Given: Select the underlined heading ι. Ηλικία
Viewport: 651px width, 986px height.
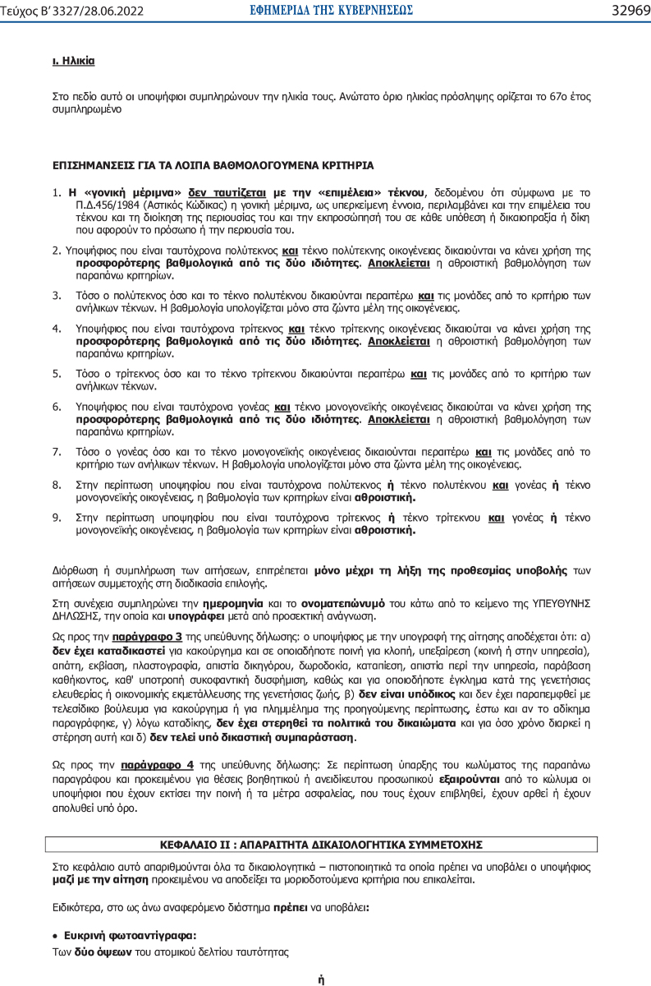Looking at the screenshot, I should pyautogui.click(x=73, y=61).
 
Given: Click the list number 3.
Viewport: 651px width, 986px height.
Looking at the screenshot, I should pyautogui.click(x=57, y=294).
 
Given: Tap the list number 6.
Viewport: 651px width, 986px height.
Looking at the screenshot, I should pyautogui.click(x=57, y=407).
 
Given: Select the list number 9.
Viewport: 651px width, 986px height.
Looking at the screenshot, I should pyautogui.click(x=57, y=518).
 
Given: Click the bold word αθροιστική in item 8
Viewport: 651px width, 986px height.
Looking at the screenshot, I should pyautogui.click(x=385, y=497).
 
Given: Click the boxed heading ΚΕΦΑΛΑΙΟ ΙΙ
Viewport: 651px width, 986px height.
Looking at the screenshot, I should pyautogui.click(x=321, y=844).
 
